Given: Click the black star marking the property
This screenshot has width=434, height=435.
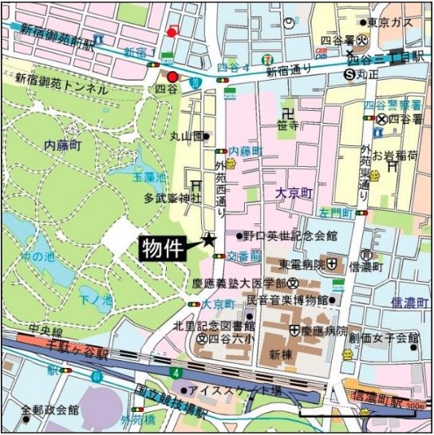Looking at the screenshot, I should tap(209, 239).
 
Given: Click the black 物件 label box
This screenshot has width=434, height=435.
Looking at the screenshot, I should tap(165, 248).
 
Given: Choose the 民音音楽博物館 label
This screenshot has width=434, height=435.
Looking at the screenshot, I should tap(287, 300).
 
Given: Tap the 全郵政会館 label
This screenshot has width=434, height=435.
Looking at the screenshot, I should tap(50, 409).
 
